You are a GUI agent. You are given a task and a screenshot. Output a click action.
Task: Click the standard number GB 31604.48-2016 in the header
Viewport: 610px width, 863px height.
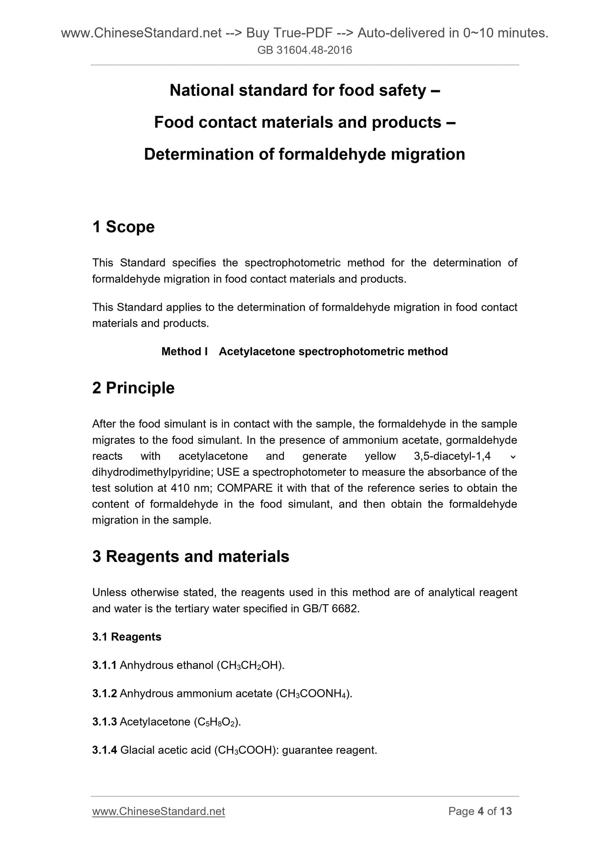click(x=305, y=51)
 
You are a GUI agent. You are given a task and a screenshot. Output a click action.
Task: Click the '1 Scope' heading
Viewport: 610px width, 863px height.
click(x=123, y=227)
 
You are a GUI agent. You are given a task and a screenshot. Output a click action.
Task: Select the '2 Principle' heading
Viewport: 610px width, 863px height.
click(x=133, y=388)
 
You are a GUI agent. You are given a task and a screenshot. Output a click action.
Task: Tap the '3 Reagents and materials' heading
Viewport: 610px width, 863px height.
click(x=190, y=556)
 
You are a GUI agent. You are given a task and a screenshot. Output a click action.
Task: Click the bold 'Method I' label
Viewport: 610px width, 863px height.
click(x=184, y=351)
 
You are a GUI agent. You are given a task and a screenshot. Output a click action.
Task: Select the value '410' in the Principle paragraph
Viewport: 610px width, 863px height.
click(x=180, y=488)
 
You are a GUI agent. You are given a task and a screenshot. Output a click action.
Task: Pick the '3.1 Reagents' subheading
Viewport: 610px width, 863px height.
click(x=127, y=637)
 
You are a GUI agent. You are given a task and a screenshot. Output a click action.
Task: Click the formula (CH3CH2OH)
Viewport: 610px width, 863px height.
click(x=250, y=665)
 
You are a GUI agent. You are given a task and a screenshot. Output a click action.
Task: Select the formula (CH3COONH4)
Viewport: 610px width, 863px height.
click(x=313, y=694)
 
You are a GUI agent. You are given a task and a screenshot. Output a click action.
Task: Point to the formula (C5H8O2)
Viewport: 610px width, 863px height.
click(x=217, y=722)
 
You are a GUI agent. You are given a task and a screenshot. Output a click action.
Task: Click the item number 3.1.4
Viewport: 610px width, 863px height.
click(x=104, y=750)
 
